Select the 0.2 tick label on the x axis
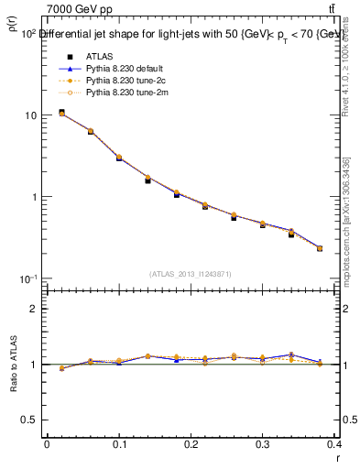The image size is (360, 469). click(191, 443)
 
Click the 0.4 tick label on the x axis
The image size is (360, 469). click(333, 443)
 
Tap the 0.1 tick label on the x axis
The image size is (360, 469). click(118, 443)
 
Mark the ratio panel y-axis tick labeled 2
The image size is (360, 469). click(34, 309)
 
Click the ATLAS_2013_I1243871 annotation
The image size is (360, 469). click(191, 274)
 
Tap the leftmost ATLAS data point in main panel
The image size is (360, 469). click(61, 113)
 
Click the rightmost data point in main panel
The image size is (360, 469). click(320, 248)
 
